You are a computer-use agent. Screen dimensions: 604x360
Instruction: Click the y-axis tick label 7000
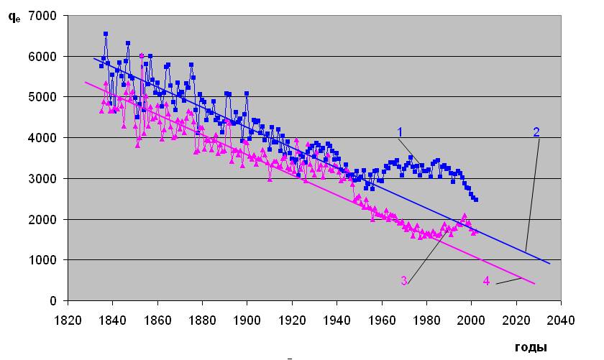(x=42, y=16)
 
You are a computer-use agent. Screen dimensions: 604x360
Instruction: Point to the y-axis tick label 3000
(x=42, y=179)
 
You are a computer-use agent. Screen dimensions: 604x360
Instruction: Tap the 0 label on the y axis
(x=53, y=300)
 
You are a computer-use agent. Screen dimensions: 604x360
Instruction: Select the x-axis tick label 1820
(x=68, y=320)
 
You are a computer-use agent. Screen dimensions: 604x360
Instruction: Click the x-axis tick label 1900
(x=247, y=320)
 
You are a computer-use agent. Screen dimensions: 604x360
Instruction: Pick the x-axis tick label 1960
(x=381, y=320)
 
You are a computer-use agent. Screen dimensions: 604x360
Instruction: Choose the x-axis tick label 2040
(x=561, y=320)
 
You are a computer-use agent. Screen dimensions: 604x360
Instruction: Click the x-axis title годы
(x=531, y=347)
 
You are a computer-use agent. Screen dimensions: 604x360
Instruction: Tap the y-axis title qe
(x=14, y=17)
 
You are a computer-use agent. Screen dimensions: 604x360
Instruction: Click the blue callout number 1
(x=400, y=132)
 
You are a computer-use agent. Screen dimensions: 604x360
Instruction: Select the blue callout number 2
(x=536, y=132)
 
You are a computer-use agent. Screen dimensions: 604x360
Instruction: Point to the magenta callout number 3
(x=403, y=281)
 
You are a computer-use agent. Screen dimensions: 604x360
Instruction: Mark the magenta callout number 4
(x=487, y=281)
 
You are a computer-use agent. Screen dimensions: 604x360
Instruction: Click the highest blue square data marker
(x=106, y=34)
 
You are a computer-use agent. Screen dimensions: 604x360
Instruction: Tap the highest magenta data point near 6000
(x=142, y=56)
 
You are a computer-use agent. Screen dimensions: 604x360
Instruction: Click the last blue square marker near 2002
(x=476, y=200)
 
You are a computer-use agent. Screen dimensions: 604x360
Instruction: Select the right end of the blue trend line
(x=549, y=264)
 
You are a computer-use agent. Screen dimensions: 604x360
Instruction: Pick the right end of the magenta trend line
(x=535, y=284)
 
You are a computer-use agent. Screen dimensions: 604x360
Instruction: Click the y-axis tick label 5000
(x=42, y=97)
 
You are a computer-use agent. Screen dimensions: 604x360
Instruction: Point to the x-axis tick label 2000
(x=471, y=320)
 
